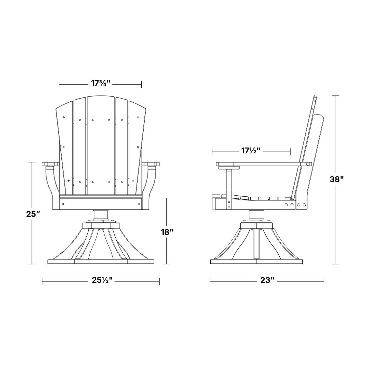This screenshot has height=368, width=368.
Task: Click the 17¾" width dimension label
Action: tap(100, 83)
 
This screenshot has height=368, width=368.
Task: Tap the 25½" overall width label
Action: tap(102, 281)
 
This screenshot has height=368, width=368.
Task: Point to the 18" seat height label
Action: tap(167, 232)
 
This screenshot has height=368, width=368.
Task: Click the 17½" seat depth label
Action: tap(251, 151)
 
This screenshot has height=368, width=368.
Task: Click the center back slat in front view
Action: tap(101, 145)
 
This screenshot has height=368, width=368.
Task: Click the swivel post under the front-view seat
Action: tap(101, 215)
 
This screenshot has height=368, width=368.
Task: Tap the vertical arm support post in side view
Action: tap(229, 188)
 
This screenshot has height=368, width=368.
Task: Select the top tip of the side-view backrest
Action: tap(315, 97)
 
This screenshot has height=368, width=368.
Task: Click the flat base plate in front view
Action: tap(101, 262)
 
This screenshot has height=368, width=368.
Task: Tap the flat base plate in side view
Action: tap(257, 262)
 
